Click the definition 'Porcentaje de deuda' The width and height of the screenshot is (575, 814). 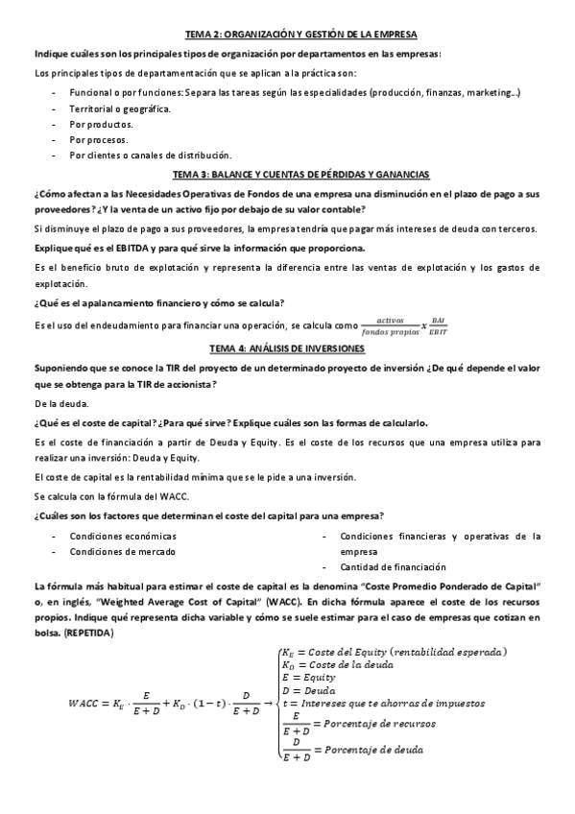coord(374,749)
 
